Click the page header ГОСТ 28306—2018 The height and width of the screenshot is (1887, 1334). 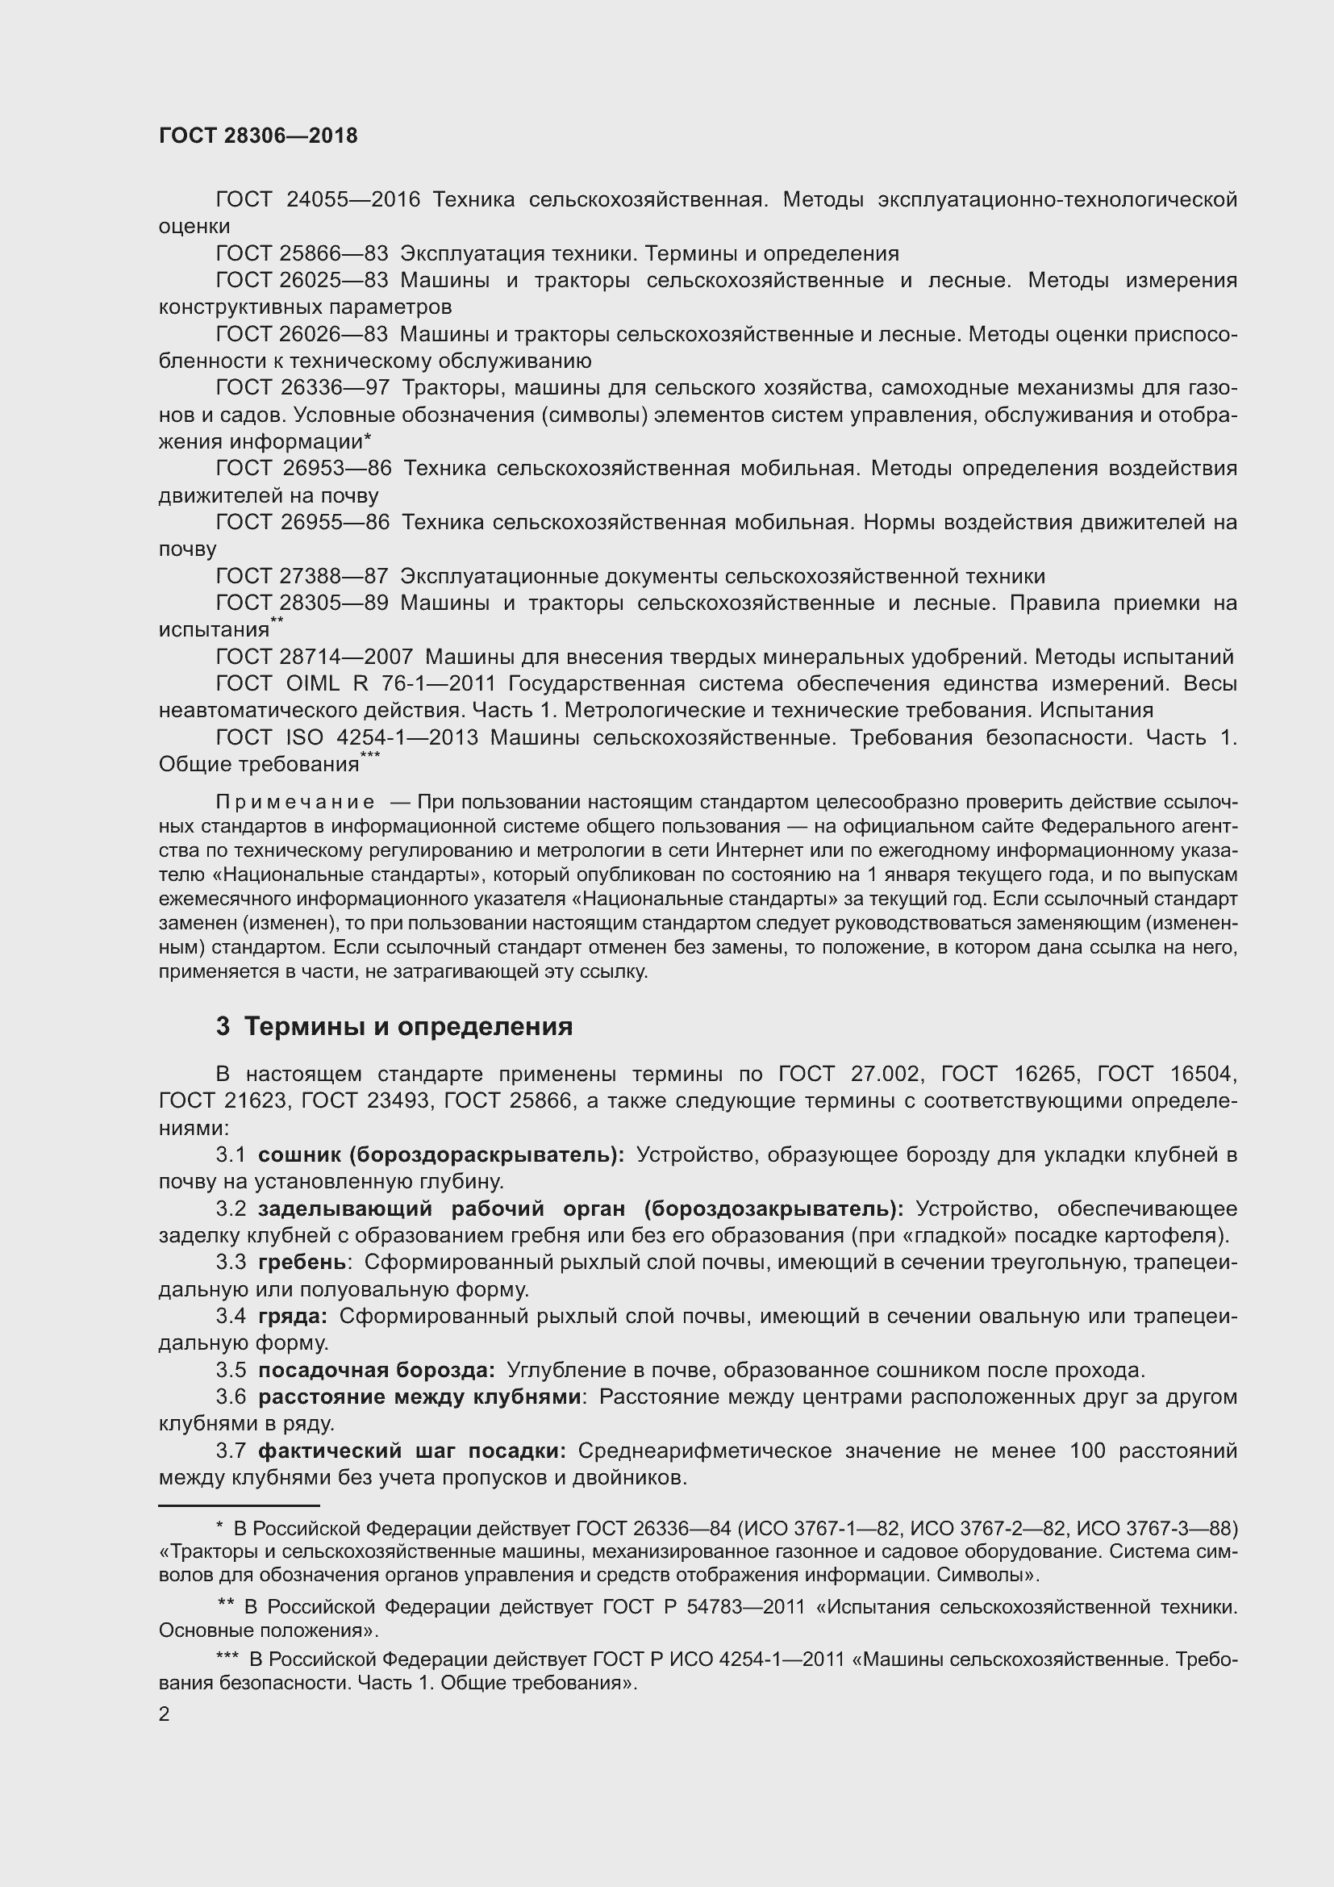258,136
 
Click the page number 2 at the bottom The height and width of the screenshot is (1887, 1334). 165,1714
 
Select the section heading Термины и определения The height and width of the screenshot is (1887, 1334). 408,1026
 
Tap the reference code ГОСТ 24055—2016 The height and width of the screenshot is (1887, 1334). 318,200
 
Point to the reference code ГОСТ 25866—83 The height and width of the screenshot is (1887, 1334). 302,254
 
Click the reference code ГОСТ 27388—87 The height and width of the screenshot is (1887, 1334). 302,576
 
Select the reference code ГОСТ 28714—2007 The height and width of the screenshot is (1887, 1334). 315,657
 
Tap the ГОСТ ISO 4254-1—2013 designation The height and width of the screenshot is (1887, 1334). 347,737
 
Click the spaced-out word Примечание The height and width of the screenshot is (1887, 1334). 295,801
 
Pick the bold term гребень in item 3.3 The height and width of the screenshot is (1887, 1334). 302,1263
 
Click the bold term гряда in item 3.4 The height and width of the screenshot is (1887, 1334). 292,1316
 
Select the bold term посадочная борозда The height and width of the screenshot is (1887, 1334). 376,1370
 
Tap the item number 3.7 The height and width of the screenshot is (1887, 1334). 231,1451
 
